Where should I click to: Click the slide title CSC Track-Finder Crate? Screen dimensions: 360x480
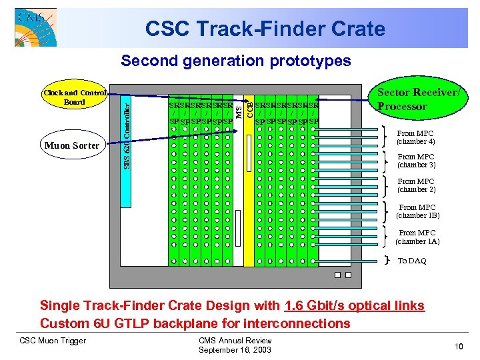click(265, 29)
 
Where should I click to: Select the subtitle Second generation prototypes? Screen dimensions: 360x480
click(235, 61)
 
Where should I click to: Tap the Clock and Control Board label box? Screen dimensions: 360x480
click(74, 97)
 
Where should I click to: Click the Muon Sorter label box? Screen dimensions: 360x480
click(71, 145)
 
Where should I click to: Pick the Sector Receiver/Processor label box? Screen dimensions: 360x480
click(419, 99)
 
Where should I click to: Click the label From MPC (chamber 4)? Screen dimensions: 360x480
click(416, 138)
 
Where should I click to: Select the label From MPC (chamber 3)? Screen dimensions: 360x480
click(416, 161)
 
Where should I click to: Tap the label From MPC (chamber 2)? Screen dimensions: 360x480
click(416, 185)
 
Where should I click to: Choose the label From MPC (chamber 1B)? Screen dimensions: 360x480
click(417, 211)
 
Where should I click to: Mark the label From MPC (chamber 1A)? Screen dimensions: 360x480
click(417, 237)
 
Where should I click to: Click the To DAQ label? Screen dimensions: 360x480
click(412, 261)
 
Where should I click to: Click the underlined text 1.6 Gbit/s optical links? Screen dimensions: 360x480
click(354, 306)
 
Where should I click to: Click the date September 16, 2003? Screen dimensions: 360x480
click(235, 350)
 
